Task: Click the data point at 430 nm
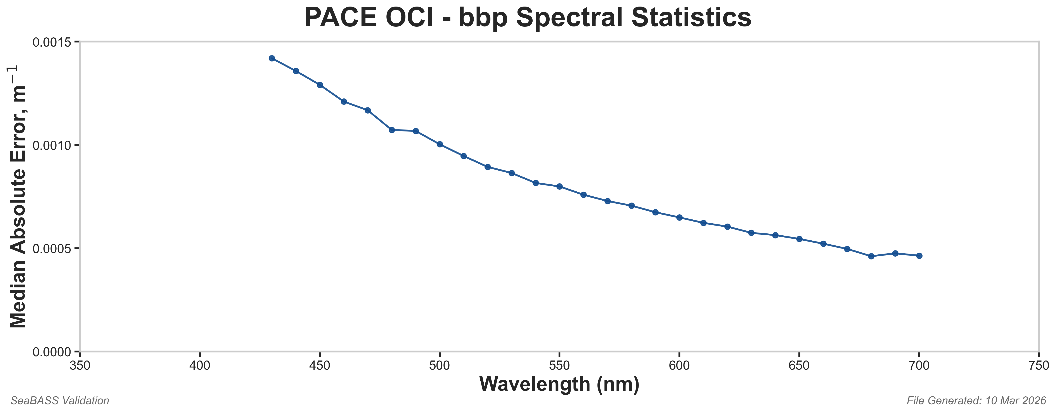click(272, 58)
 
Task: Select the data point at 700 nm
click(919, 256)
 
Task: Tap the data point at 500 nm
click(440, 144)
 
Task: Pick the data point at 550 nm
click(559, 186)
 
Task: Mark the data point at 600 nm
click(679, 218)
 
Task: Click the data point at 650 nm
click(799, 239)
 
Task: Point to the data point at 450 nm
click(320, 85)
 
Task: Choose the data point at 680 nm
click(871, 256)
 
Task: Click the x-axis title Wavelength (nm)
click(559, 385)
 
